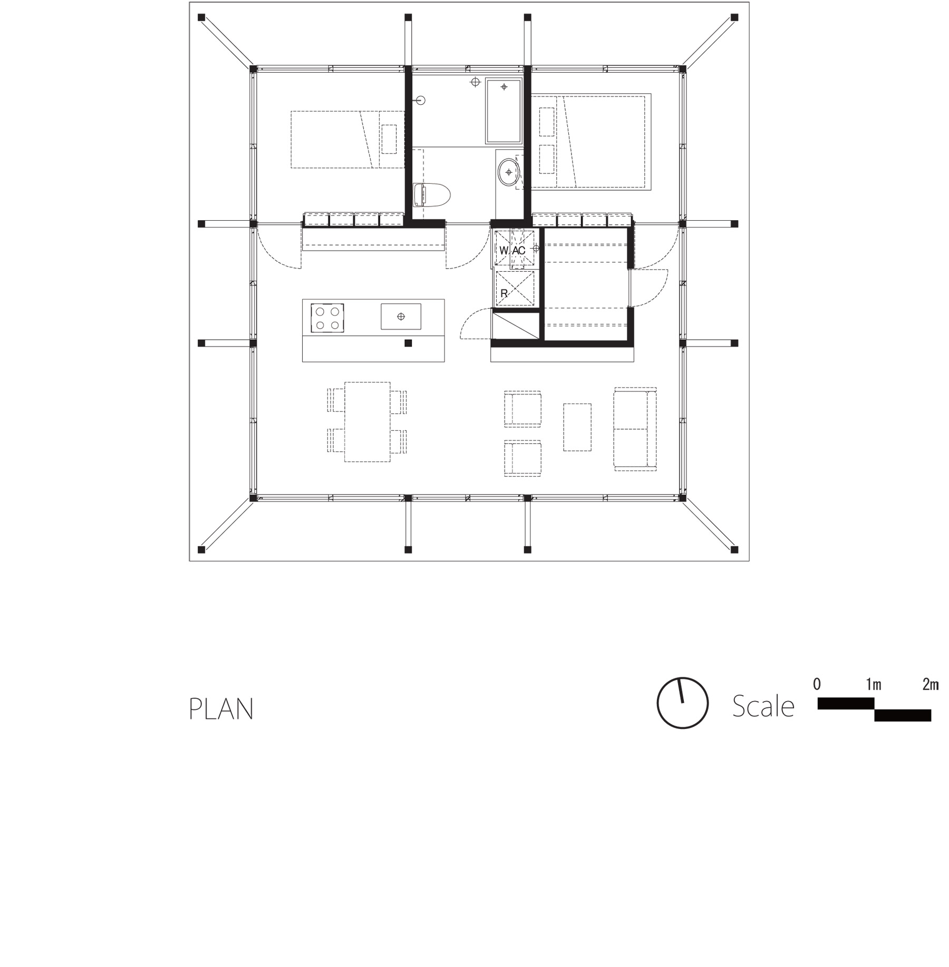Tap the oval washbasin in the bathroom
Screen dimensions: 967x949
509,172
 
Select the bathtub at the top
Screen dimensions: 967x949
503,111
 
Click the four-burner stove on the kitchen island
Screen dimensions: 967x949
327,318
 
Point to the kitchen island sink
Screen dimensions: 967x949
401,317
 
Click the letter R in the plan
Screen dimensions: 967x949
503,294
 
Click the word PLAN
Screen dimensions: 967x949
221,709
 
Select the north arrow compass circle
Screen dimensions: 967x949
682,703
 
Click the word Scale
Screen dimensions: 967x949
763,706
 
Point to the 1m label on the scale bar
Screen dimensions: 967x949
873,685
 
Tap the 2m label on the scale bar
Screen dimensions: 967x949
930,685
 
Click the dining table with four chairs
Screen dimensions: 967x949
367,422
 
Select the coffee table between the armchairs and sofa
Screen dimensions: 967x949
577,427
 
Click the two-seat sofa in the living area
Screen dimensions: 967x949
634,429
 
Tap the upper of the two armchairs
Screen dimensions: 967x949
522,409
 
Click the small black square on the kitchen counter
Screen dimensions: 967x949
408,343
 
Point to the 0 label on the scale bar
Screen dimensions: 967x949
817,685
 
